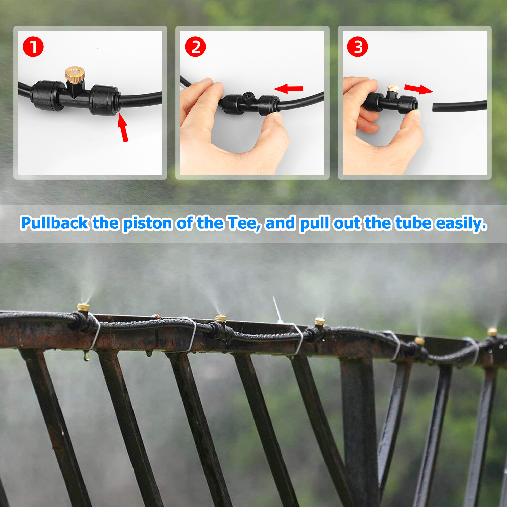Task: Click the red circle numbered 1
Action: click(33, 47)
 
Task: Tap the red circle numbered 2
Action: click(195, 47)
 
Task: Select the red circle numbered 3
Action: click(358, 47)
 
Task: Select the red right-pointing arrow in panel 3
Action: click(418, 89)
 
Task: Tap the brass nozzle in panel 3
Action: click(393, 88)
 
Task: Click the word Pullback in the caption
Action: click(54, 223)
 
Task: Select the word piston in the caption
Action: click(147, 223)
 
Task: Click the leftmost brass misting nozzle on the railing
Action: click(83, 308)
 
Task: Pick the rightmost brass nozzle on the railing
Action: click(492, 332)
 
